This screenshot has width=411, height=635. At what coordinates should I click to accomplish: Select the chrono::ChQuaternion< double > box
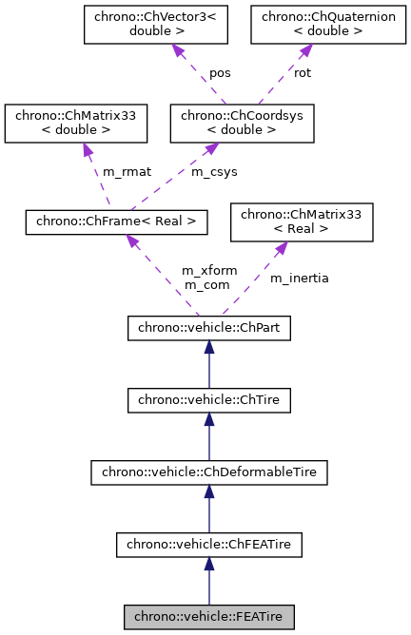coord(309,25)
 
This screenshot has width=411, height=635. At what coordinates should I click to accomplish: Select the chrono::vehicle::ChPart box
coord(208,329)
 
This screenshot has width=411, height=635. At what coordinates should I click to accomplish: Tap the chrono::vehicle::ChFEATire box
coord(208,545)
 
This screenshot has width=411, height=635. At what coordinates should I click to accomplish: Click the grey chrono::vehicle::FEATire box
coord(208,616)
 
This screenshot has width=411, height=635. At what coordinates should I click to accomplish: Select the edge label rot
coord(303,73)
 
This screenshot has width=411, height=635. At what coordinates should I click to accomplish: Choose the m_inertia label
coord(299,278)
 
